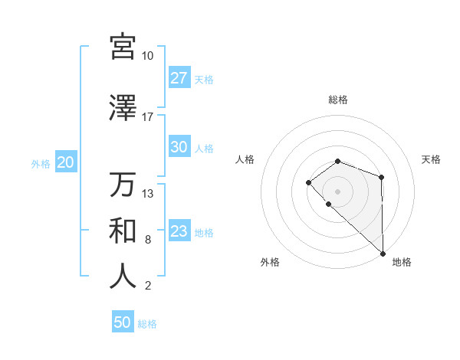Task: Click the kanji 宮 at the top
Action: pos(123,46)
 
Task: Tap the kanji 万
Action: pos(123,185)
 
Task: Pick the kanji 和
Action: pos(123,231)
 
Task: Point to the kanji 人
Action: pos(123,277)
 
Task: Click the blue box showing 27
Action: pos(179,79)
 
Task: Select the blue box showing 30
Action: pos(179,148)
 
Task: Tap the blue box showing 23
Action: pos(179,232)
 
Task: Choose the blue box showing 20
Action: pos(65,163)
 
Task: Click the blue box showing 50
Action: pos(123,323)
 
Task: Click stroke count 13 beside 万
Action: pos(148,194)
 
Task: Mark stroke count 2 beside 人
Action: pos(147,286)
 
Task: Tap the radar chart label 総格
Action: pos(338,100)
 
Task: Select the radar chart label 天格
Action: pos(431,159)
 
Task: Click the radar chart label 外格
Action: pos(270,263)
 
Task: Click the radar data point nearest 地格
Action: pos(383,253)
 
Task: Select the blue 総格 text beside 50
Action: pos(147,324)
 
